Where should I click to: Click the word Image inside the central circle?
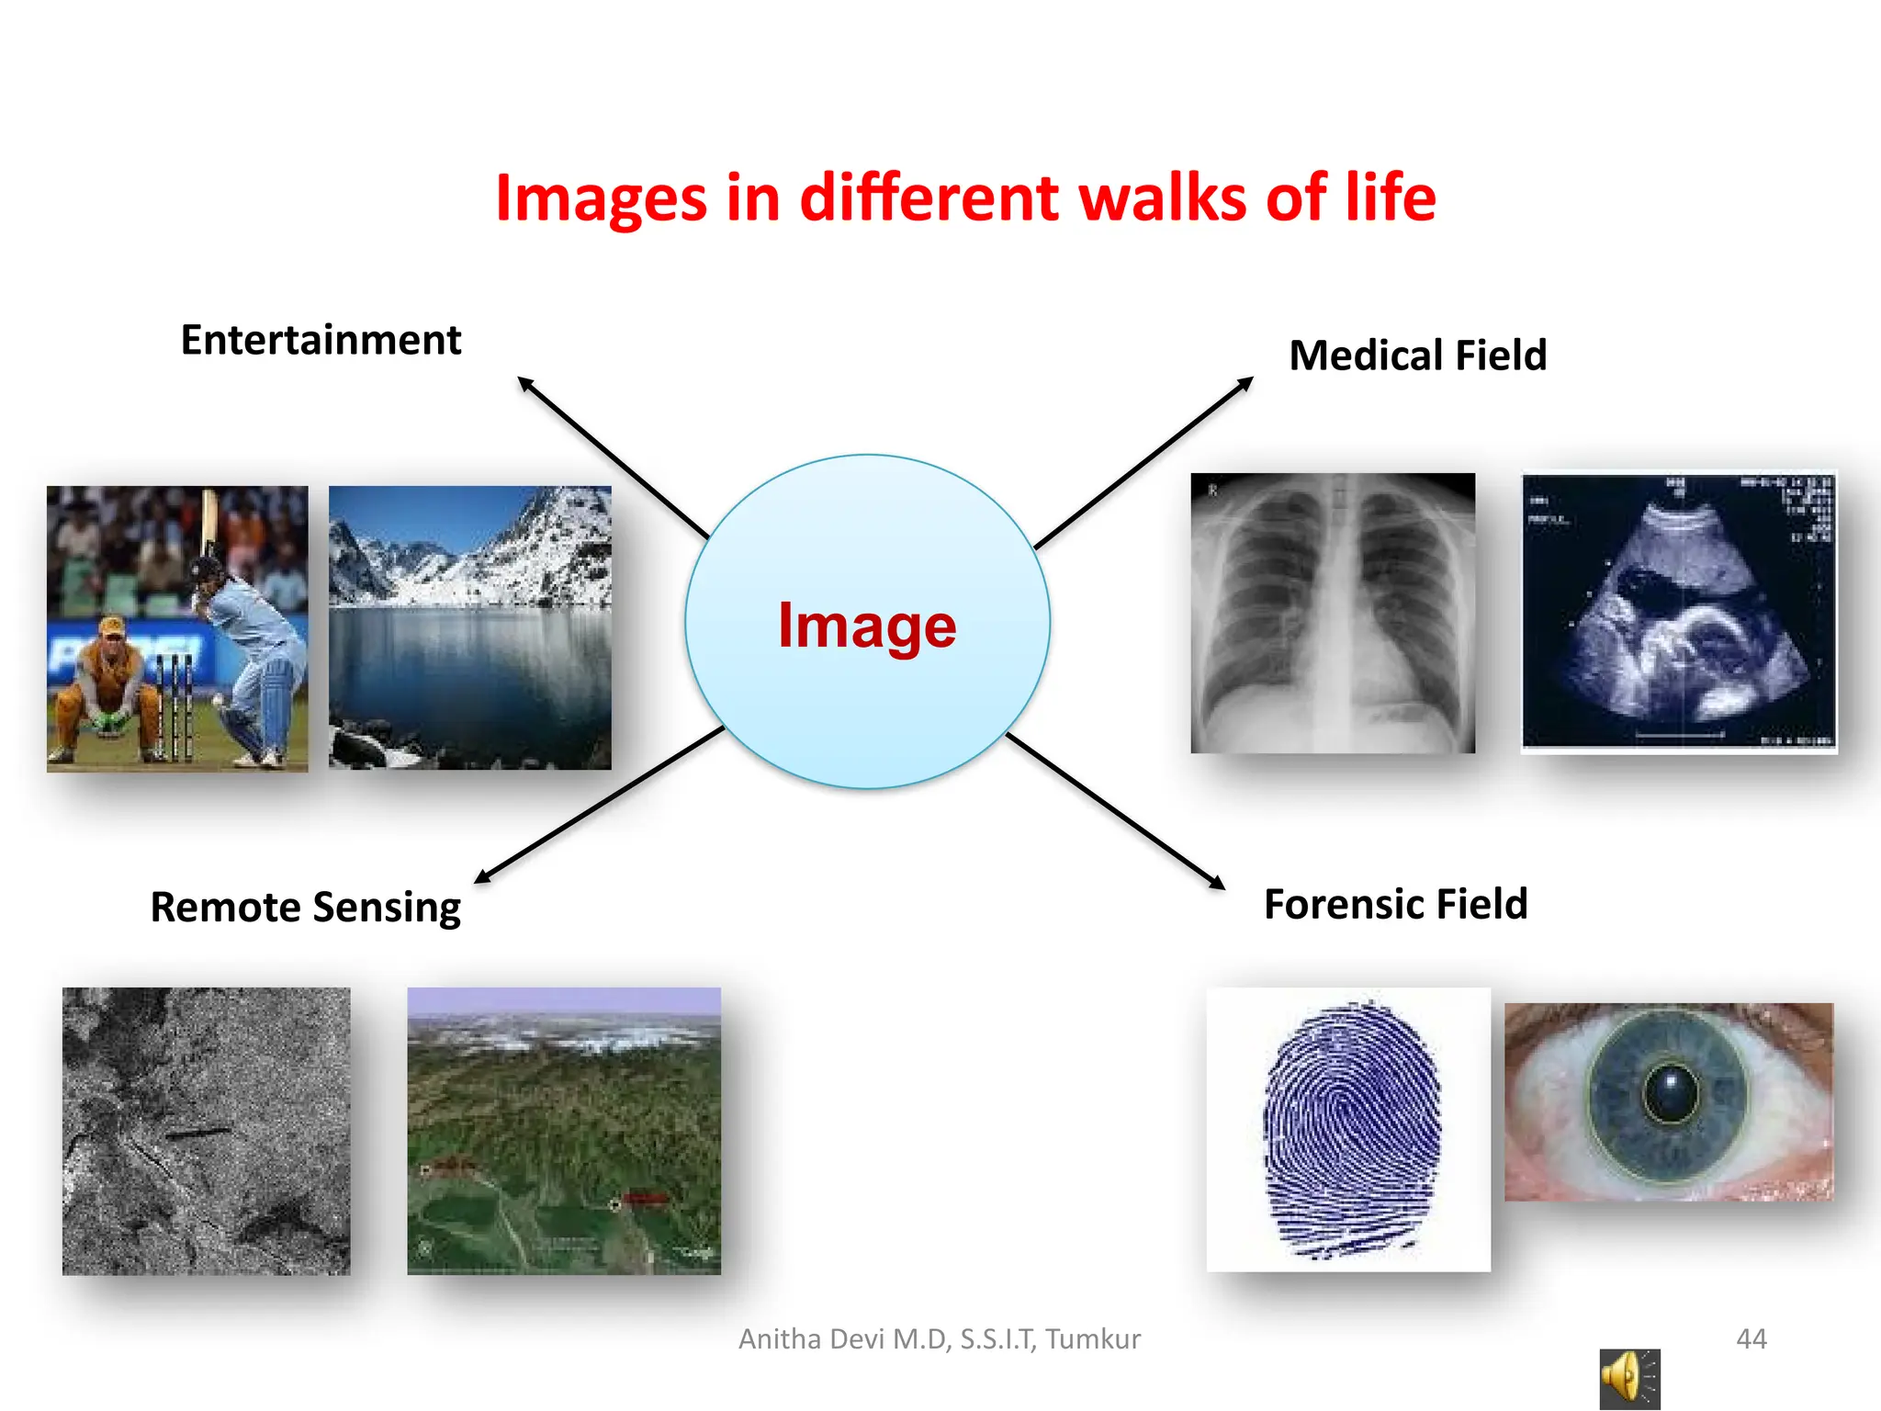pyautogui.click(x=867, y=626)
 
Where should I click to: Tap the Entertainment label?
pyautogui.click(x=321, y=341)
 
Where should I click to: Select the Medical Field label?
pyautogui.click(x=1417, y=356)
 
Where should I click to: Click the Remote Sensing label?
pyautogui.click(x=305, y=908)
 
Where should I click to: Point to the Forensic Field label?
pyautogui.click(x=1395, y=905)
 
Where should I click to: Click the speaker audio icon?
pyautogui.click(x=1628, y=1378)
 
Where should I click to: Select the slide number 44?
pyautogui.click(x=1751, y=1338)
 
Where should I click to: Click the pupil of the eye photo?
pyautogui.click(x=1671, y=1092)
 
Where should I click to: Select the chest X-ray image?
pyautogui.click(x=1333, y=613)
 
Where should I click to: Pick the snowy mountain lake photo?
pyautogui.click(x=469, y=627)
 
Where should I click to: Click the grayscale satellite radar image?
pyautogui.click(x=206, y=1131)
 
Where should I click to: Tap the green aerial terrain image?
pyautogui.click(x=563, y=1131)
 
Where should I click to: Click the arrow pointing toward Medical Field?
pyautogui.click(x=1143, y=464)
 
